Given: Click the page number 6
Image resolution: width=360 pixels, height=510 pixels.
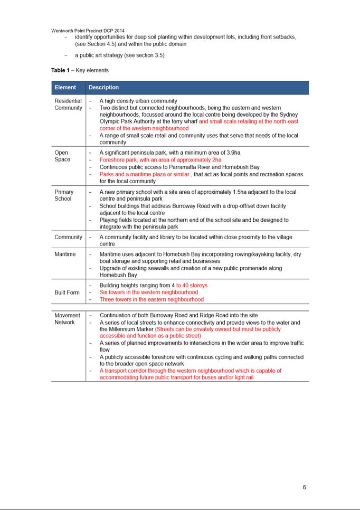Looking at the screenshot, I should [x=304, y=487].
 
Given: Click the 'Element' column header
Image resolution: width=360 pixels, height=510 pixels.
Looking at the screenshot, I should [x=65, y=88].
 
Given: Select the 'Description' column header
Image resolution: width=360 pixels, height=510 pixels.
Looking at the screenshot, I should [x=103, y=88].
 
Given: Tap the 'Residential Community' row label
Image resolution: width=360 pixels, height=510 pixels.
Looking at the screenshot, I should [x=68, y=104].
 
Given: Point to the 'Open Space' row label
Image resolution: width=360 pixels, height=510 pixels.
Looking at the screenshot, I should [x=62, y=156].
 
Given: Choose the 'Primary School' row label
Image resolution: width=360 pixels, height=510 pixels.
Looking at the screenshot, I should [x=64, y=195].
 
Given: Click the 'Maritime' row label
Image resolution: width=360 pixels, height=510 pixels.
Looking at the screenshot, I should [x=65, y=254].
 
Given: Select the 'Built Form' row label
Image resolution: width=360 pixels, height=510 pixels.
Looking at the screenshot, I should [x=67, y=292].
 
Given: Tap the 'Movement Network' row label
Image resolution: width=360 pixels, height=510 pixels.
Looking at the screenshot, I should [x=67, y=319].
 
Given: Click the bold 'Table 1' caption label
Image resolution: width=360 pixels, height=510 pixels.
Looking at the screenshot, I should [x=60, y=70].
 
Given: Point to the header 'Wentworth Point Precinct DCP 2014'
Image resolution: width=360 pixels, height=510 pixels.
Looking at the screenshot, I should [x=88, y=31].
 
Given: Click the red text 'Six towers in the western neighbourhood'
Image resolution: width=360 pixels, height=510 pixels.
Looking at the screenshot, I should [x=149, y=292].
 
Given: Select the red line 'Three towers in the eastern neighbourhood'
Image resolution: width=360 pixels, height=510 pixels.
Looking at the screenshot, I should [x=151, y=299].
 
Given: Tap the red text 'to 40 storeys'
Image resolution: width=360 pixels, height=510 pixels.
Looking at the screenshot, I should [x=192, y=286].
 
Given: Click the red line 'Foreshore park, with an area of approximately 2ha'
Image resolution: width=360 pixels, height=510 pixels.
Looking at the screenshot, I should [x=160, y=159].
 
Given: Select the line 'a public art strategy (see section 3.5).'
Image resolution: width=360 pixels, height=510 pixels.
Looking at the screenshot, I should [x=120, y=55].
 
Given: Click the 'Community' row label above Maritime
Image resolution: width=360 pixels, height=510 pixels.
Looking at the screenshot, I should [x=69, y=238].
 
